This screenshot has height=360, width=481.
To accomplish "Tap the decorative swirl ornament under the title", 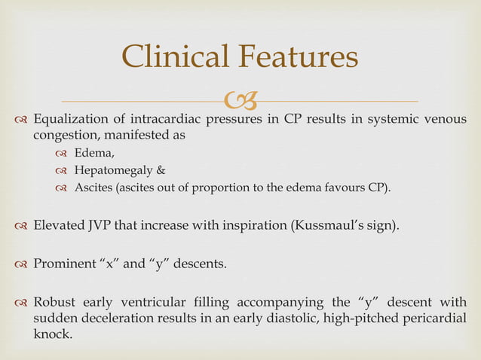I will (240, 99).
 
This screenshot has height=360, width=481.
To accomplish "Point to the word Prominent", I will (68, 264).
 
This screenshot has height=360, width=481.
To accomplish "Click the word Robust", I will (56, 304).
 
